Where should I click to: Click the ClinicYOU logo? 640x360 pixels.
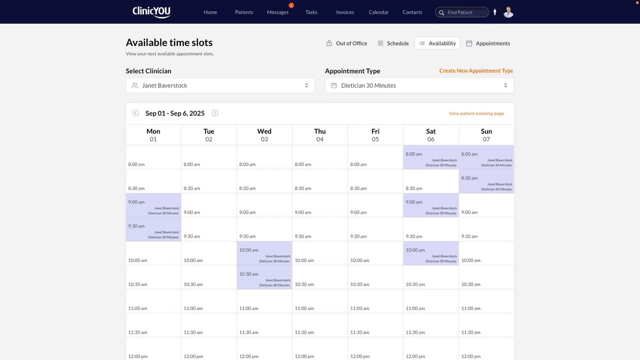click(x=151, y=12)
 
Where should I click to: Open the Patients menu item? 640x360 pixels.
click(x=244, y=12)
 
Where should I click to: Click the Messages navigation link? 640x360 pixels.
click(x=277, y=12)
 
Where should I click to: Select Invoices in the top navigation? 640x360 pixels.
click(x=345, y=12)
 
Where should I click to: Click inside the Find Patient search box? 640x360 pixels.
click(x=465, y=12)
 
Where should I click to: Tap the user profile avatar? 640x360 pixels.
click(x=508, y=12)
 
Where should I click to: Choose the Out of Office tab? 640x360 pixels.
click(x=346, y=43)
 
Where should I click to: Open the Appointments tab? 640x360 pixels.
click(x=488, y=43)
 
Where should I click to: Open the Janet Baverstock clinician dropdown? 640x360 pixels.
click(x=220, y=85)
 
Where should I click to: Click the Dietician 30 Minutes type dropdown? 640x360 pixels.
click(x=419, y=85)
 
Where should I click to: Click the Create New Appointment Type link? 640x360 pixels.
click(x=476, y=71)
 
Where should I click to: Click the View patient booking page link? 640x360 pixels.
click(x=476, y=113)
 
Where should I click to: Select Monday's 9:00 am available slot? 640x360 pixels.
click(x=153, y=205)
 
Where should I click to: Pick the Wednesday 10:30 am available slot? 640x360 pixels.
click(x=264, y=277)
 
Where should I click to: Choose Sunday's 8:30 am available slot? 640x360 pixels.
click(x=486, y=181)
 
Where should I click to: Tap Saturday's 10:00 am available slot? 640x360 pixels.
click(x=431, y=253)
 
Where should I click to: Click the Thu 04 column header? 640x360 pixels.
click(x=320, y=135)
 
